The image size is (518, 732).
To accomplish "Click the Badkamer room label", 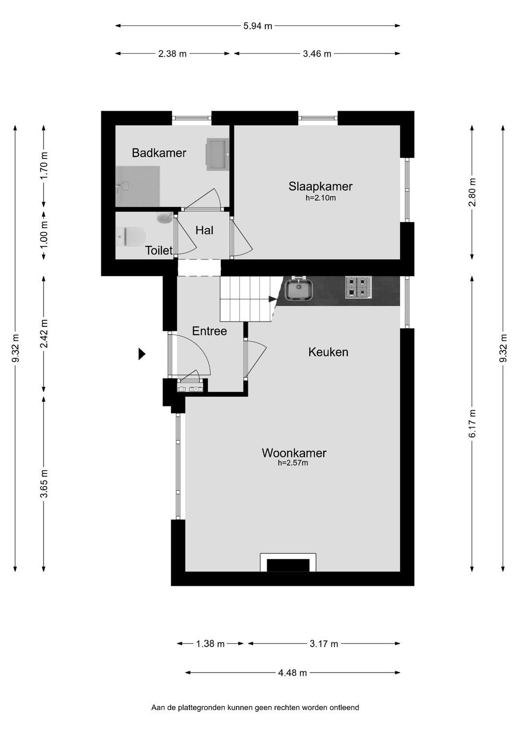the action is click(159, 153).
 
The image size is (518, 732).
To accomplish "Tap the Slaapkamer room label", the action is click(320, 186).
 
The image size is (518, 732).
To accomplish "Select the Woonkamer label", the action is click(294, 453).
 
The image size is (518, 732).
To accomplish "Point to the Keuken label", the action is click(328, 352).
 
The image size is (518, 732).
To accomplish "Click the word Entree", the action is click(209, 331).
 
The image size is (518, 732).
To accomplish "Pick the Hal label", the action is click(204, 230).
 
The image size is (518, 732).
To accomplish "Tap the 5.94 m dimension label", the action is click(257, 26).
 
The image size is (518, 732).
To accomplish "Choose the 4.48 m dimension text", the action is click(292, 673).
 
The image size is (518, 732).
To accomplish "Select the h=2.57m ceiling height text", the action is click(293, 463).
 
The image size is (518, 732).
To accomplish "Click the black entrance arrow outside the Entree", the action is click(142, 354).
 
